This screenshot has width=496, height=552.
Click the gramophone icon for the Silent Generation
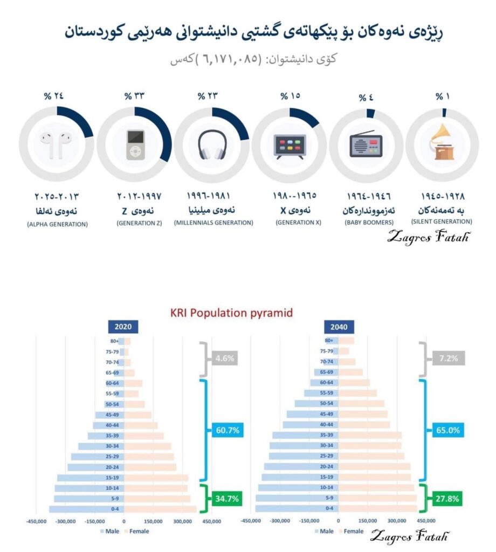click(442, 143)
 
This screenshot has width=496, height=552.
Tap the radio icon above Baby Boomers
click(366, 144)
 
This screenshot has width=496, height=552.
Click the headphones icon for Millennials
click(212, 144)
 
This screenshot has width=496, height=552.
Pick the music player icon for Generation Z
click(135, 144)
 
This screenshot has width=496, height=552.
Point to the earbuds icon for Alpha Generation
click(56, 145)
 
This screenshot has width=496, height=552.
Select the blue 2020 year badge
click(123, 327)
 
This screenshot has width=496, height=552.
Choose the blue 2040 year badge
click(338, 327)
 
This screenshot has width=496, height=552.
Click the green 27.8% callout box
click(445, 499)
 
